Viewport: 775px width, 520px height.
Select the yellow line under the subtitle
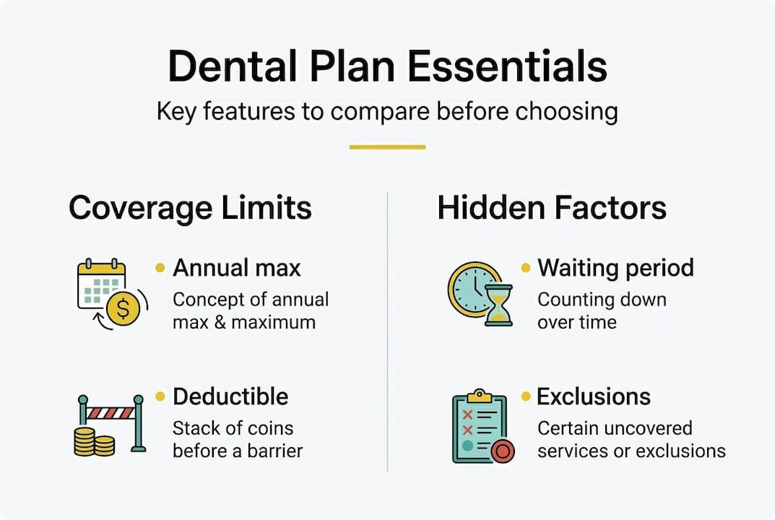(387, 147)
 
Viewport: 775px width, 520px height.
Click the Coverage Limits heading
(190, 208)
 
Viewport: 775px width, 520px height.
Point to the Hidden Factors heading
(552, 208)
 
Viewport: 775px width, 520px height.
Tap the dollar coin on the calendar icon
(122, 309)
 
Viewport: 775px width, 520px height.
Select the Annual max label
(237, 269)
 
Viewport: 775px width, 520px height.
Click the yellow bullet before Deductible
(160, 396)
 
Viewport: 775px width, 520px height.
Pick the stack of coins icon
(95, 441)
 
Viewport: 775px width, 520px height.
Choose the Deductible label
(230, 396)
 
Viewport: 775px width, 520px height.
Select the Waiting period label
(615, 269)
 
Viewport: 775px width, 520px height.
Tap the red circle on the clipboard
(501, 451)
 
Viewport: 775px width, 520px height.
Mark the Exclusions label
(594, 396)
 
